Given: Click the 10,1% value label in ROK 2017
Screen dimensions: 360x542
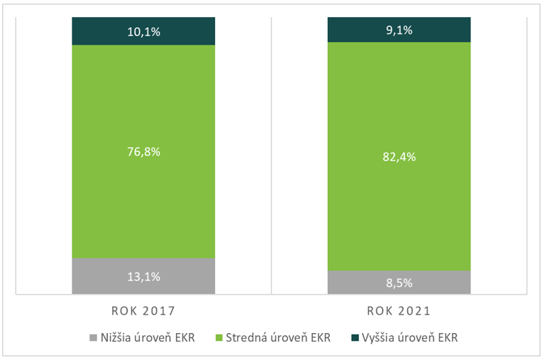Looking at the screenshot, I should pos(143,31).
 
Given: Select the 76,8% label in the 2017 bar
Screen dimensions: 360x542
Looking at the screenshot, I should pos(143,151).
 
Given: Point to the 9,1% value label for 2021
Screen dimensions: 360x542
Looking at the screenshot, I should pos(399,30).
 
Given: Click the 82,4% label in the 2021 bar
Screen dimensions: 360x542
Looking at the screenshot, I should pos(399,157).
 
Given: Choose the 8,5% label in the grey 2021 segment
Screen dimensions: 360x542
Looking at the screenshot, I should pos(399,283).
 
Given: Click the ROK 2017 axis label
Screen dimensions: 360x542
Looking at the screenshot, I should pos(143,311).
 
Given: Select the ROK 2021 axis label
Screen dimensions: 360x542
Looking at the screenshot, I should pos(399,311).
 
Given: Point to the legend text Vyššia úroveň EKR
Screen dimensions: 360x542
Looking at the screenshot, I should pos(409,337).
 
